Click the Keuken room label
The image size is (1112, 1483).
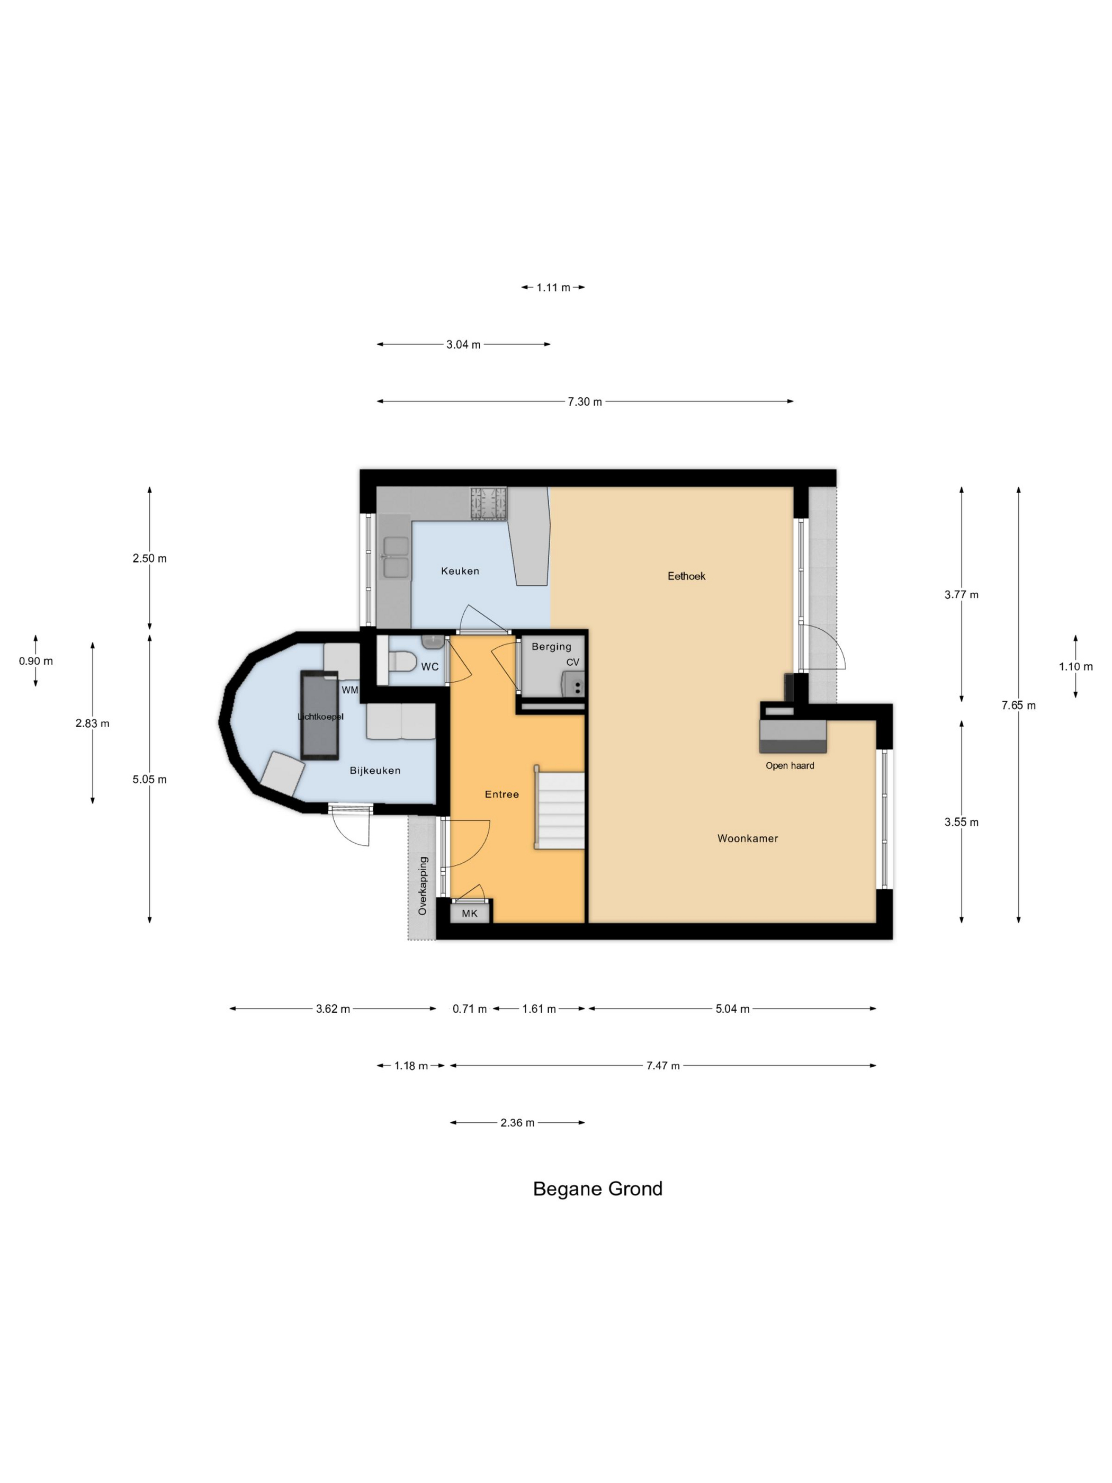[460, 571]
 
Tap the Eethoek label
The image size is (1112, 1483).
[686, 576]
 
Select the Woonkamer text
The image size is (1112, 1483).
[747, 838]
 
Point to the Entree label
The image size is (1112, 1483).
[502, 794]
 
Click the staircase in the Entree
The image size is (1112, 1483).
[560, 808]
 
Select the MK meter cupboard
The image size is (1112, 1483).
[470, 913]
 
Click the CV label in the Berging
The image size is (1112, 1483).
[572, 663]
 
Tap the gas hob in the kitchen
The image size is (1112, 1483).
[489, 504]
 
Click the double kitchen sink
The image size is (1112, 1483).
[396, 557]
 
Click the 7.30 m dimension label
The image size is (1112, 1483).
[585, 401]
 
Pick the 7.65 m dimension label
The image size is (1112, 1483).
[1018, 705]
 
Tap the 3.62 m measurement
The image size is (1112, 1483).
[333, 1009]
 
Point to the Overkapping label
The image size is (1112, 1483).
[422, 886]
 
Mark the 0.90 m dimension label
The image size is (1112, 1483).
[35, 661]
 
